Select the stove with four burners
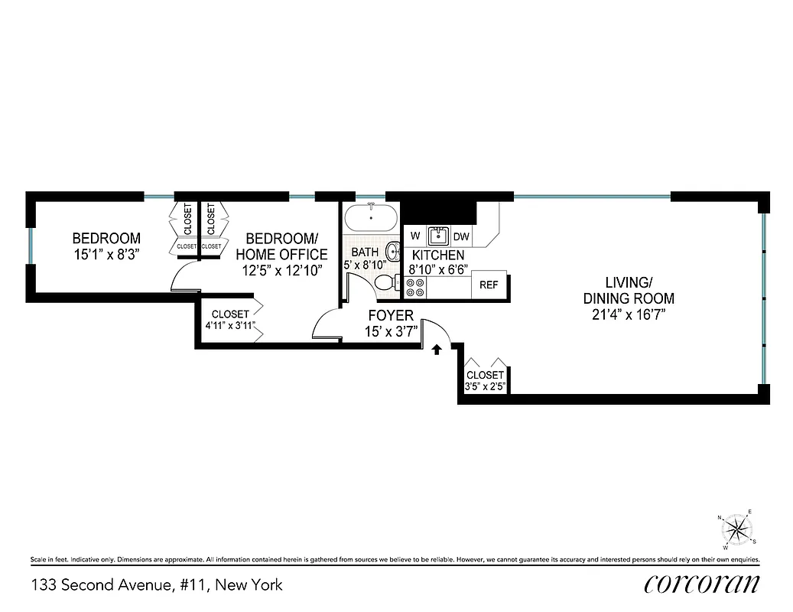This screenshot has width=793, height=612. coord(415,287)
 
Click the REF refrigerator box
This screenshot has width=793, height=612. coord(489,285)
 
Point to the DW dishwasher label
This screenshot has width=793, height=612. coord(461,236)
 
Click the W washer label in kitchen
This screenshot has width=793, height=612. coord(415,236)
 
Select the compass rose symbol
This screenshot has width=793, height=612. coord(737,529)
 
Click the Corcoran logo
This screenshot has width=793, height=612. coord(701,584)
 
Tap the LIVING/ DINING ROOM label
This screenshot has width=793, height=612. coord(629,291)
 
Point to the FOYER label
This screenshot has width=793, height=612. coord(391,315)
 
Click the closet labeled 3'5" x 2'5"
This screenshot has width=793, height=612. coord(485,380)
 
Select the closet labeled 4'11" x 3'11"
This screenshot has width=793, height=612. coord(230,320)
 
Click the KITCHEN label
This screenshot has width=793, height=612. coord(438,255)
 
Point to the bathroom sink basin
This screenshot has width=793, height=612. coord(393,251)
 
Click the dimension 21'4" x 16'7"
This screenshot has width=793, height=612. coord(629,315)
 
